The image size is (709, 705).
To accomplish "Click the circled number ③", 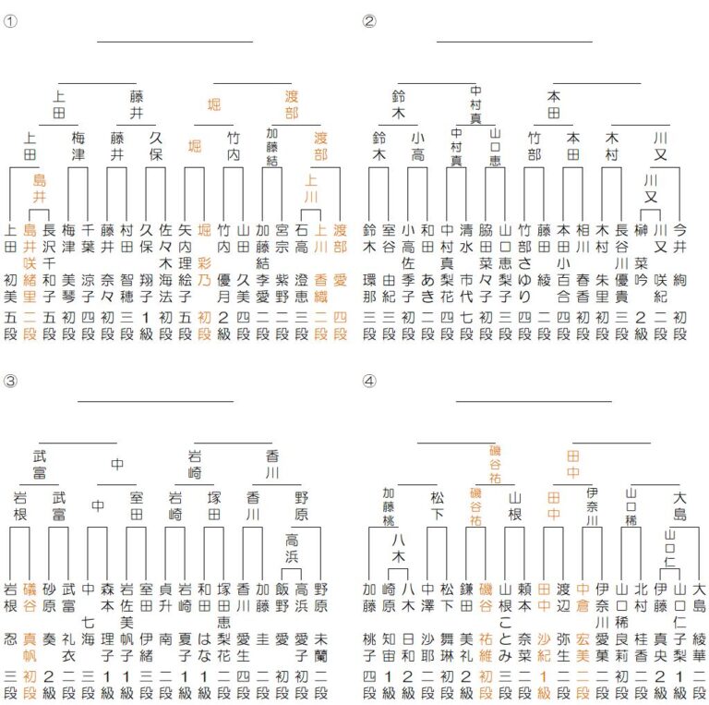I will pos(10,381).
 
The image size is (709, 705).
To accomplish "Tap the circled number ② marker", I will pos(369,21).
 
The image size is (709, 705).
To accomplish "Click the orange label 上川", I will pos(311,188).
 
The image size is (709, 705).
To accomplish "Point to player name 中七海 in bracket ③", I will pos(89,615).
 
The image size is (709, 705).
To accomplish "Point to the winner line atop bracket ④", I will pos(533,403).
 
